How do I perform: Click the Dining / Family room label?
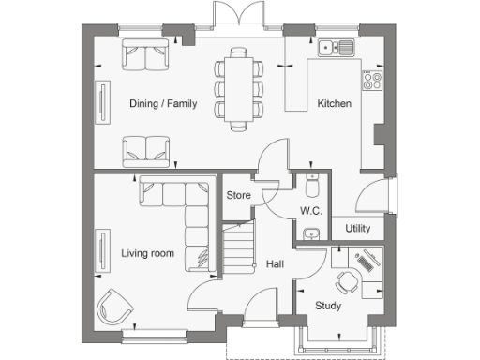click(163, 103)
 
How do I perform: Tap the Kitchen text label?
click(334, 103)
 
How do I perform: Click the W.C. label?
click(311, 211)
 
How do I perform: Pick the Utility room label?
click(358, 228)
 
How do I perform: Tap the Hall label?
click(276, 265)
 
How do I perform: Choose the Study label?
click(328, 306)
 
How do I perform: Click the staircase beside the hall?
click(238, 247)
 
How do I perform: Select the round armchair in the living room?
click(114, 304)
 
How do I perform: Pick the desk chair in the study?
click(347, 279)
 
